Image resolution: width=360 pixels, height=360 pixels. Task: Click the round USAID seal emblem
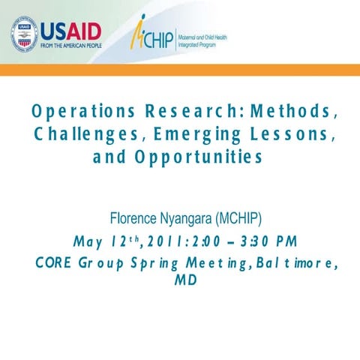pyautogui.click(x=24, y=34)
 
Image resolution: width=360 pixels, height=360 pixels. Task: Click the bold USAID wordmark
pyautogui.click(x=70, y=31)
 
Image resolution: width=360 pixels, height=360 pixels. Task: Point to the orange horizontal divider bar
pyautogui.click(x=180, y=70)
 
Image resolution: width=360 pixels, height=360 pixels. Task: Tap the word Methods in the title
pyautogui.click(x=293, y=112)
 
